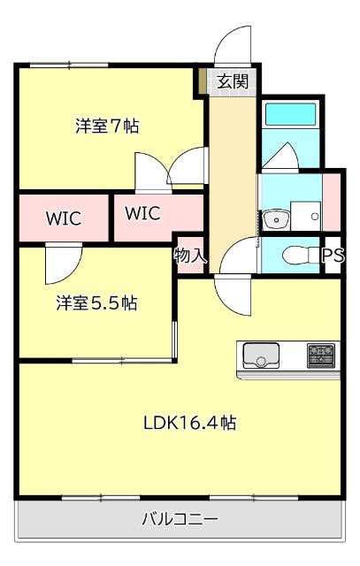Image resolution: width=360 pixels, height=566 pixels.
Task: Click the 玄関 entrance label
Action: point(233,81)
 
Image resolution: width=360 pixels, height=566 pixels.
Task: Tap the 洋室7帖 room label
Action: point(106,126)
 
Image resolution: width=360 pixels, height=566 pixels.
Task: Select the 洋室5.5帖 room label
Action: point(97,303)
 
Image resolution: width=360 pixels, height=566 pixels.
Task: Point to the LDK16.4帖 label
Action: point(189,422)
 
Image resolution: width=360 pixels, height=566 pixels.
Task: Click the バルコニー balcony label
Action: point(180,519)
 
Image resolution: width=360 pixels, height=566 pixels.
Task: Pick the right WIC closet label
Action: point(142,213)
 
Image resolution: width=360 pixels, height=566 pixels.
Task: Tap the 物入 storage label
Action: point(190,256)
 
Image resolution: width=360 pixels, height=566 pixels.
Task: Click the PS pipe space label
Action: point(333,256)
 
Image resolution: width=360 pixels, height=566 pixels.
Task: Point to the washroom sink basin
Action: point(274,218)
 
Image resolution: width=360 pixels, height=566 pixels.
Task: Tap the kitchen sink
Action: point(261,356)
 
